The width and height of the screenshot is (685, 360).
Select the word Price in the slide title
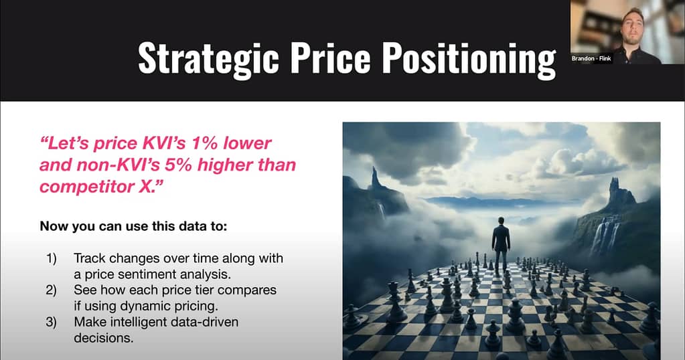[x=331, y=58]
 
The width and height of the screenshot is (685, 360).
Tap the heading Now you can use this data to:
[x=133, y=226]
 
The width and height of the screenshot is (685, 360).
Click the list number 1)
[x=52, y=258]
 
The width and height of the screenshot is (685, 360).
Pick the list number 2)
[x=52, y=290]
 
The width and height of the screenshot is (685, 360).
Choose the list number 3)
[x=52, y=322]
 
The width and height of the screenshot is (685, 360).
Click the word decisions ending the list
[x=104, y=338]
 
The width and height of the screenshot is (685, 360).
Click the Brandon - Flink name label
[x=591, y=58]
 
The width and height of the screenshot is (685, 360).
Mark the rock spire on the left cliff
[x=375, y=178]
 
